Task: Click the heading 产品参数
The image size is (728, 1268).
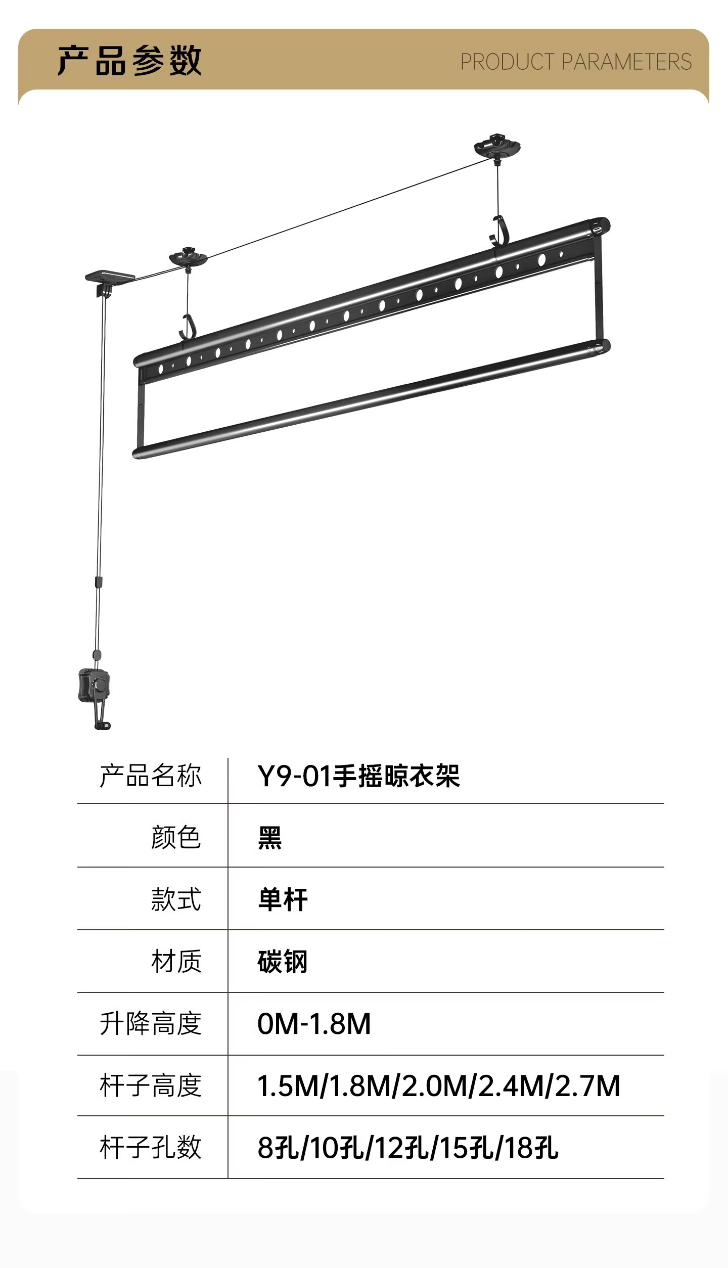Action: [129, 61]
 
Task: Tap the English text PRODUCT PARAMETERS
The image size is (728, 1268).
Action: [575, 62]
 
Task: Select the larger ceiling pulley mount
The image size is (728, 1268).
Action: [497, 147]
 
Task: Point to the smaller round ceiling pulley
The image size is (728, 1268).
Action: [188, 257]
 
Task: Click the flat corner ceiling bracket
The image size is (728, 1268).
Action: [109, 278]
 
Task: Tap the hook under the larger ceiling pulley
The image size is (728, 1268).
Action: [497, 232]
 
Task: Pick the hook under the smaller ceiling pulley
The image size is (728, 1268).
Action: [187, 327]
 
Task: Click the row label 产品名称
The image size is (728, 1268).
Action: [151, 776]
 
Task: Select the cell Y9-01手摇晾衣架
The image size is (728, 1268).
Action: [358, 776]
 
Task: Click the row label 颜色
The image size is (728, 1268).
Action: [176, 837]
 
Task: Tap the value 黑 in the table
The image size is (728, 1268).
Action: [269, 838]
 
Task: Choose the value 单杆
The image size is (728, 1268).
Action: [283, 900]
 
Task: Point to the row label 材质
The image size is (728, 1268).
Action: [176, 962]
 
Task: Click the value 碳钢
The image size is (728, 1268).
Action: [283, 962]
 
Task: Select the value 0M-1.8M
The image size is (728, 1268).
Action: [314, 1024]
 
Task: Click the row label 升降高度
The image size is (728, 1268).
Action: [151, 1024]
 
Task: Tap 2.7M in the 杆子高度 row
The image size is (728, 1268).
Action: [587, 1086]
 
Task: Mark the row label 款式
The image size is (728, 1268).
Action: [176, 900]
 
